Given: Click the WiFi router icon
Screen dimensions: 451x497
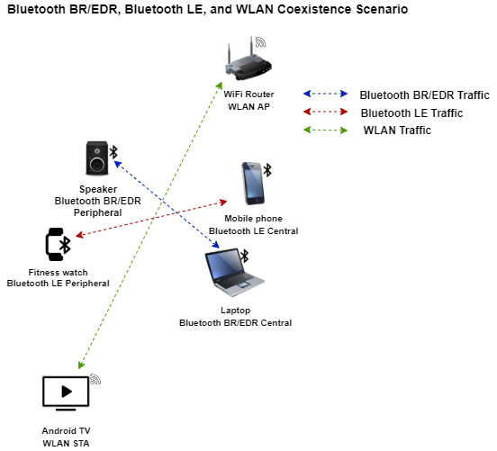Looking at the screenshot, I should pyautogui.click(x=246, y=63).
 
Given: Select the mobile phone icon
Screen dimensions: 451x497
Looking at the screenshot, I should pyautogui.click(x=253, y=185).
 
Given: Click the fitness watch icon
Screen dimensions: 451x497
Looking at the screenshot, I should pyautogui.click(x=59, y=244).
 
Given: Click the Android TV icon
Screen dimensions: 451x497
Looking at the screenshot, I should pyautogui.click(x=66, y=393).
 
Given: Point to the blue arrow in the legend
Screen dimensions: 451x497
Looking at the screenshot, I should pyautogui.click(x=325, y=94).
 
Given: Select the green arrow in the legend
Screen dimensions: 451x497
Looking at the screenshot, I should pyautogui.click(x=325, y=131).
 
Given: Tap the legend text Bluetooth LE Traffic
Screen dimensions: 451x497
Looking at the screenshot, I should pyautogui.click(x=411, y=113).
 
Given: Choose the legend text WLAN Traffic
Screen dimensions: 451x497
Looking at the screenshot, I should pyautogui.click(x=397, y=131).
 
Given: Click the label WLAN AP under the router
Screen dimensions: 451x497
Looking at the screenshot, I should pyautogui.click(x=248, y=107).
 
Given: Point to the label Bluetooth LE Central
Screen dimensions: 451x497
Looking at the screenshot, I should pyautogui.click(x=253, y=231).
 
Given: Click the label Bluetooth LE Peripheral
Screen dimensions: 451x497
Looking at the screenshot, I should pyautogui.click(x=58, y=284).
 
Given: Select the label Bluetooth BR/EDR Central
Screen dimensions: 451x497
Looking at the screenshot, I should pyautogui.click(x=235, y=322).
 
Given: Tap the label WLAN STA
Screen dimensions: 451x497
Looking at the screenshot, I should pyautogui.click(x=66, y=443).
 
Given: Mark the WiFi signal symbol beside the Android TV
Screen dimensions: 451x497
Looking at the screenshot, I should pyautogui.click(x=95, y=379).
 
